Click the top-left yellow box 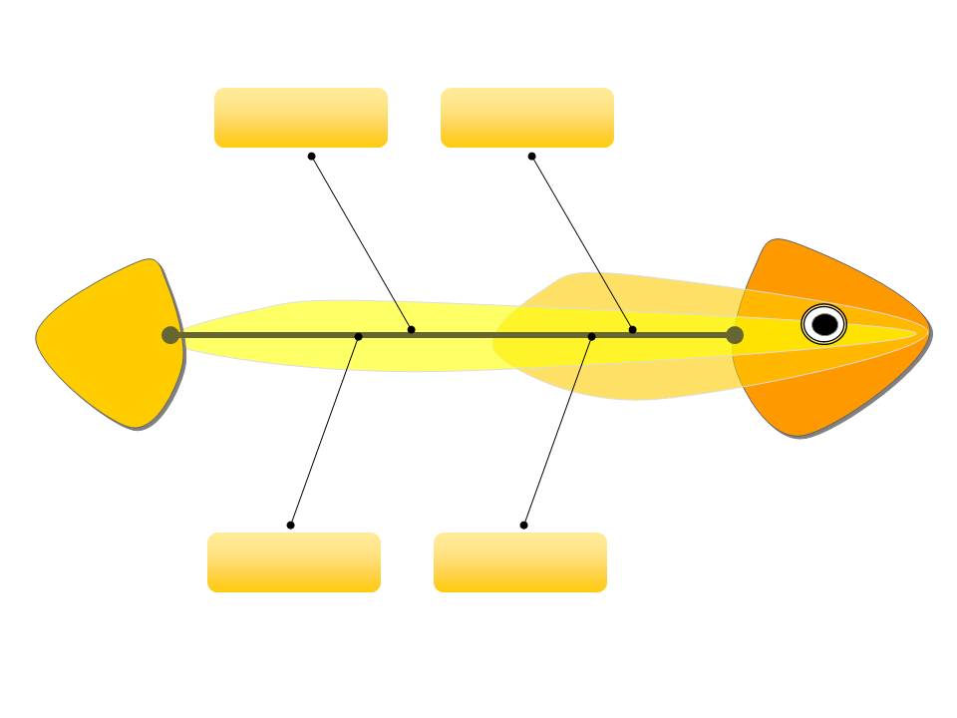(300, 118)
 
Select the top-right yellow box (526, 118)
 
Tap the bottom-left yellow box (293, 562)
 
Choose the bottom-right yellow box (519, 562)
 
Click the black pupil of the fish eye (824, 324)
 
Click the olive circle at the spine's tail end (170, 335)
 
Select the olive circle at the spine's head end (735, 335)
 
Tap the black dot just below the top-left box (311, 156)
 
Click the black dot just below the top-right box (531, 156)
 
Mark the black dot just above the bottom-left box (290, 525)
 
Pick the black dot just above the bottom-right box (523, 525)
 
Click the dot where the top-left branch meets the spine (411, 330)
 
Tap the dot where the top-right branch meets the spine (632, 330)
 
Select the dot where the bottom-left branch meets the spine (359, 336)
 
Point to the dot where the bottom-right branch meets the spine (591, 336)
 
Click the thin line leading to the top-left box (361, 242)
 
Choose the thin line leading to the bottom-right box (557, 431)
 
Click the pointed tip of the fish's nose (929, 331)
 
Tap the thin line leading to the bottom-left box (324, 431)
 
